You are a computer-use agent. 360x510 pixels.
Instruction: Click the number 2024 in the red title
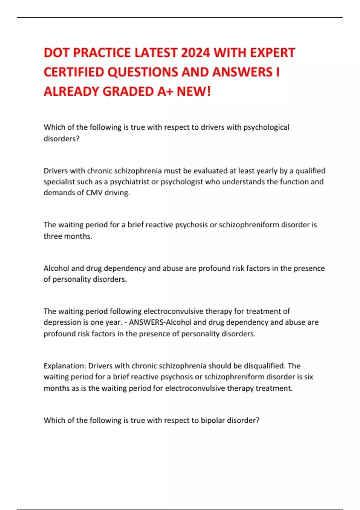(195, 53)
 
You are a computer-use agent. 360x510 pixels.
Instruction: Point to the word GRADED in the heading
(128, 91)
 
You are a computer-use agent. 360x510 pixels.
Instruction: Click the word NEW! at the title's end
(193, 91)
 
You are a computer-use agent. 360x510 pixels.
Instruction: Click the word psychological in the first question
(266, 127)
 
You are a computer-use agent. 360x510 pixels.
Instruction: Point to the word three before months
(52, 236)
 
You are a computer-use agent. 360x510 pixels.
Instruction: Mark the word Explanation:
(65, 366)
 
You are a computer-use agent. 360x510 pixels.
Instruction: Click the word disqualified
(264, 366)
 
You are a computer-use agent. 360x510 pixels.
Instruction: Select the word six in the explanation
(309, 377)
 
